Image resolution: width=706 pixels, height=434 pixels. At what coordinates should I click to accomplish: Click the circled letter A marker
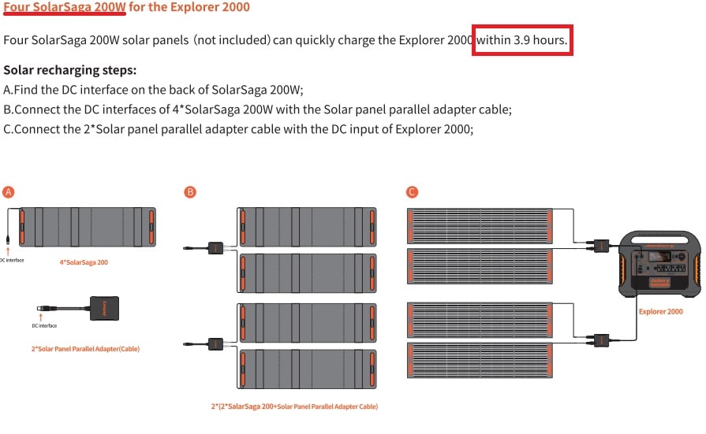(x=8, y=192)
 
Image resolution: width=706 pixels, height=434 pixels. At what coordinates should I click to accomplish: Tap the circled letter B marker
(x=190, y=192)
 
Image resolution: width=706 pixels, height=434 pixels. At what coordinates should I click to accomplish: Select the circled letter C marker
(x=412, y=192)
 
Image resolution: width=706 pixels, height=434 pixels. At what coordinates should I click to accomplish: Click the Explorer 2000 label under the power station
(x=660, y=312)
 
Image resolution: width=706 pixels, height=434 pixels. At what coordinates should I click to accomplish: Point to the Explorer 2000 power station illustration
(x=660, y=264)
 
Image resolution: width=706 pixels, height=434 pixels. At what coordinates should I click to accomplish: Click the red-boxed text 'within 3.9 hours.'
(x=522, y=40)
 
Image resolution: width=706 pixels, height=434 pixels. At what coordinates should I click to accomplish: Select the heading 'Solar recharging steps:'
(x=69, y=70)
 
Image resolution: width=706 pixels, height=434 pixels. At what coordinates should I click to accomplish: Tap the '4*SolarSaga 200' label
(x=84, y=262)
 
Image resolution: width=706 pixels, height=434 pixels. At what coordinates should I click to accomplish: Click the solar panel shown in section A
(x=88, y=227)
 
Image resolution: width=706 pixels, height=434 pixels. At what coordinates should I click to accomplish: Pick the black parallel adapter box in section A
(x=104, y=308)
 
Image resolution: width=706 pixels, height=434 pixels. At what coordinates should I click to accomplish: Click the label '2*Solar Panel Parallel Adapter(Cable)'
(x=85, y=349)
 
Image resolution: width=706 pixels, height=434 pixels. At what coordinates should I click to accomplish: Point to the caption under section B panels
(x=294, y=406)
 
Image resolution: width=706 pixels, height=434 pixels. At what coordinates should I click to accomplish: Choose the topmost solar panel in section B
(x=307, y=227)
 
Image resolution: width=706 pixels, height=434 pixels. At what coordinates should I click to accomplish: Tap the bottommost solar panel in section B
(x=307, y=369)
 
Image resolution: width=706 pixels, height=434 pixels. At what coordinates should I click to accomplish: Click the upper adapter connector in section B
(x=215, y=248)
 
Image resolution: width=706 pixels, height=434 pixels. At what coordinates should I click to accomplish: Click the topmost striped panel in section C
(x=480, y=226)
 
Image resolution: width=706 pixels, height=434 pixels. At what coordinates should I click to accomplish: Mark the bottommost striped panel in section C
(x=480, y=360)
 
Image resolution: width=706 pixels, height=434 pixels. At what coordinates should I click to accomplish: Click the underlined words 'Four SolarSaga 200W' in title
(x=65, y=7)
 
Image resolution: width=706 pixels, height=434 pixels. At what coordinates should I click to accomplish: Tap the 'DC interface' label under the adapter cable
(x=44, y=325)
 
